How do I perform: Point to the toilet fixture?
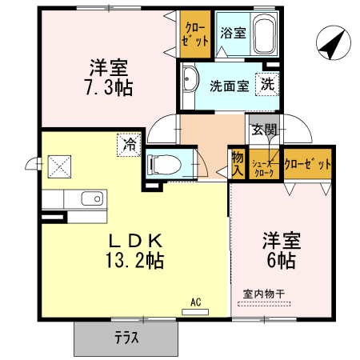[166, 164]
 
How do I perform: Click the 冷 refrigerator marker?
[129, 144]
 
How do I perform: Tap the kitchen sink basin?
[92, 198]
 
